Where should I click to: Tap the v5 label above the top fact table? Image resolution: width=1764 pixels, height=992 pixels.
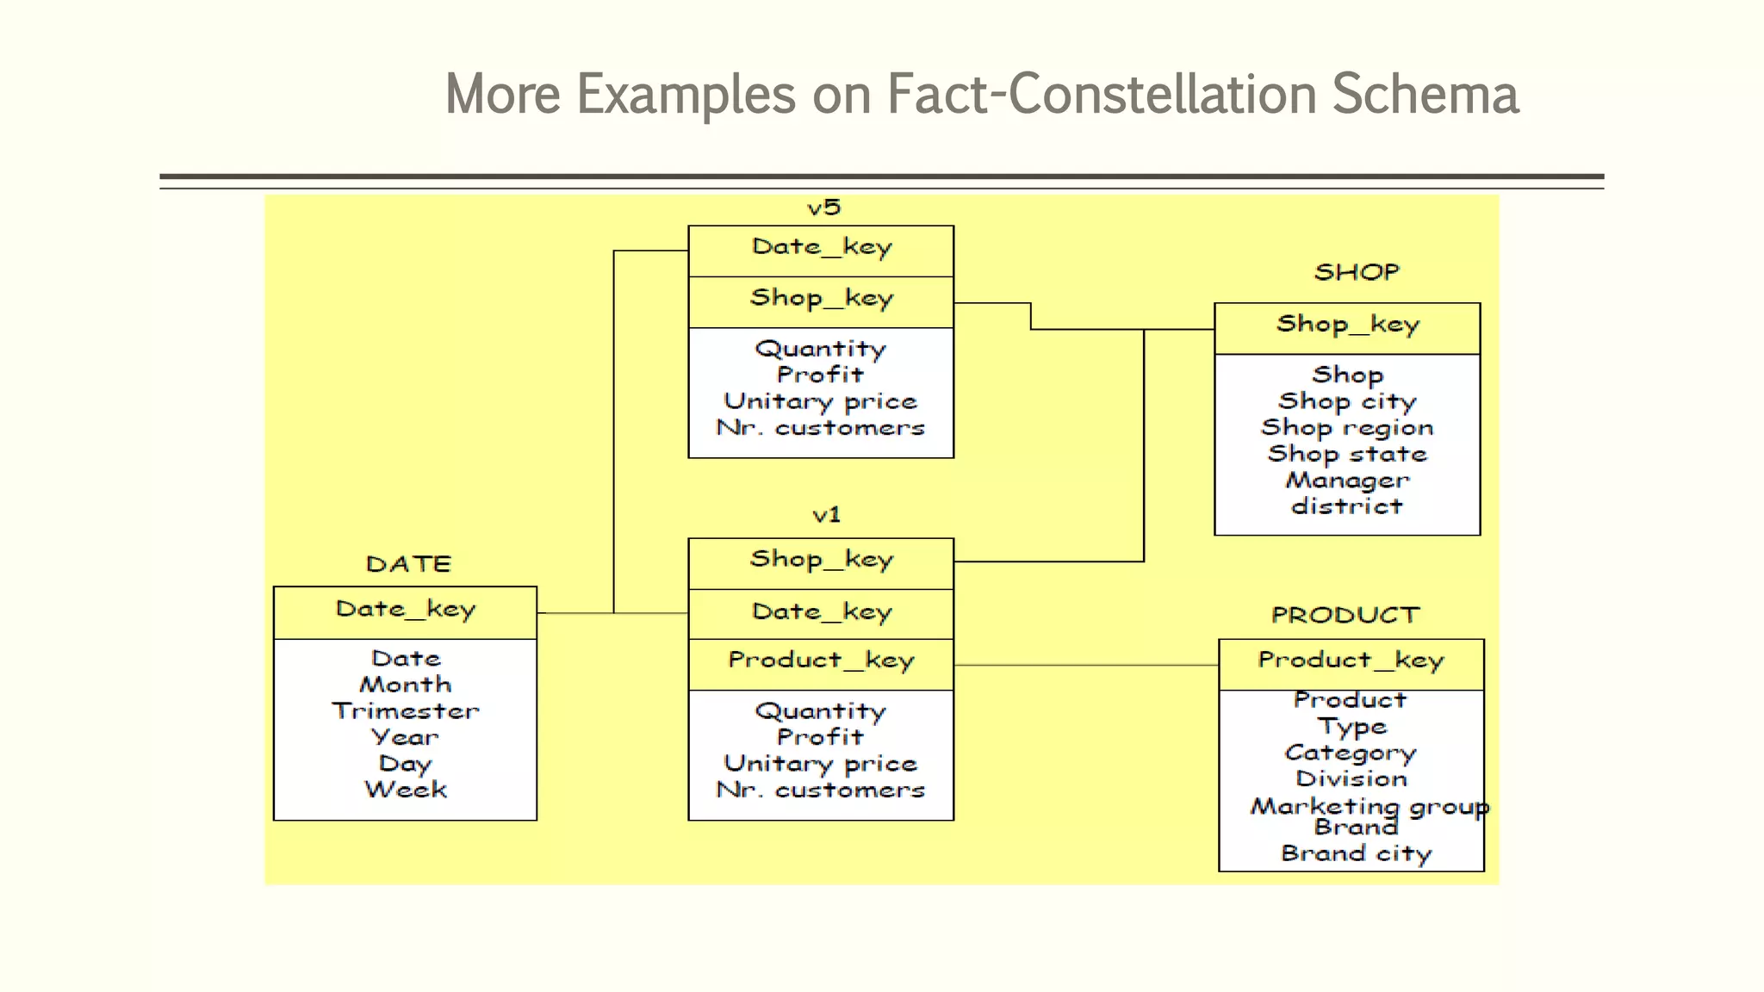coord(823,208)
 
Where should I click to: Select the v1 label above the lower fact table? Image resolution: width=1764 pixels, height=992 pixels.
coord(826,515)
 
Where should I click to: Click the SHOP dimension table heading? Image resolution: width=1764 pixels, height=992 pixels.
coord(1357,272)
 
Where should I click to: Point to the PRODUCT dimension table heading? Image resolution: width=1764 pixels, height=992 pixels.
coord(1345,615)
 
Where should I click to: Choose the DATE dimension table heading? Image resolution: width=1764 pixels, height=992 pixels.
coord(408,564)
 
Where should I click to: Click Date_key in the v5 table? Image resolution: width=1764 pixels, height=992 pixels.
coord(822,248)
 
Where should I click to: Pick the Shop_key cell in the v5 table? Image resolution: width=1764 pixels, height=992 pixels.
coord(822,299)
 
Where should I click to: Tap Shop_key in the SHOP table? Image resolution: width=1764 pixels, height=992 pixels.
coord(1347,325)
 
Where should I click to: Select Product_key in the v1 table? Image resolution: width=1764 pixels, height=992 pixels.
coord(821,661)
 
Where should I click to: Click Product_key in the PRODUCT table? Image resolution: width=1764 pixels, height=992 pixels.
coord(1351,661)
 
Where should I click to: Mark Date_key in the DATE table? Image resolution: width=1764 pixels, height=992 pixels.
coord(405,611)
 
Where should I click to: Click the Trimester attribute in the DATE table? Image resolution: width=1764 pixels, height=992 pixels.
coord(405,711)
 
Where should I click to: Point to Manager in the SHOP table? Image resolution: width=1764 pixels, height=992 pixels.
coord(1347,480)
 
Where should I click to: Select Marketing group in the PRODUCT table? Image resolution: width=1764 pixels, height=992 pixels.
coord(1370,806)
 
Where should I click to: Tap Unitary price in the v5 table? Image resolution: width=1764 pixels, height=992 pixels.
coord(821,401)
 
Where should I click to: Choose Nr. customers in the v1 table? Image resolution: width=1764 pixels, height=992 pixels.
coord(821,790)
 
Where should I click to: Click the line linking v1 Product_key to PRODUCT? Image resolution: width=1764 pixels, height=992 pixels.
coord(1085,665)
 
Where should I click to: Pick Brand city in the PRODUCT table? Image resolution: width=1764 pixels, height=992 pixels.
coord(1356,853)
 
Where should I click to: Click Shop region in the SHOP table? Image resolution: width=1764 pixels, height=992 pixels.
coord(1347,428)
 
